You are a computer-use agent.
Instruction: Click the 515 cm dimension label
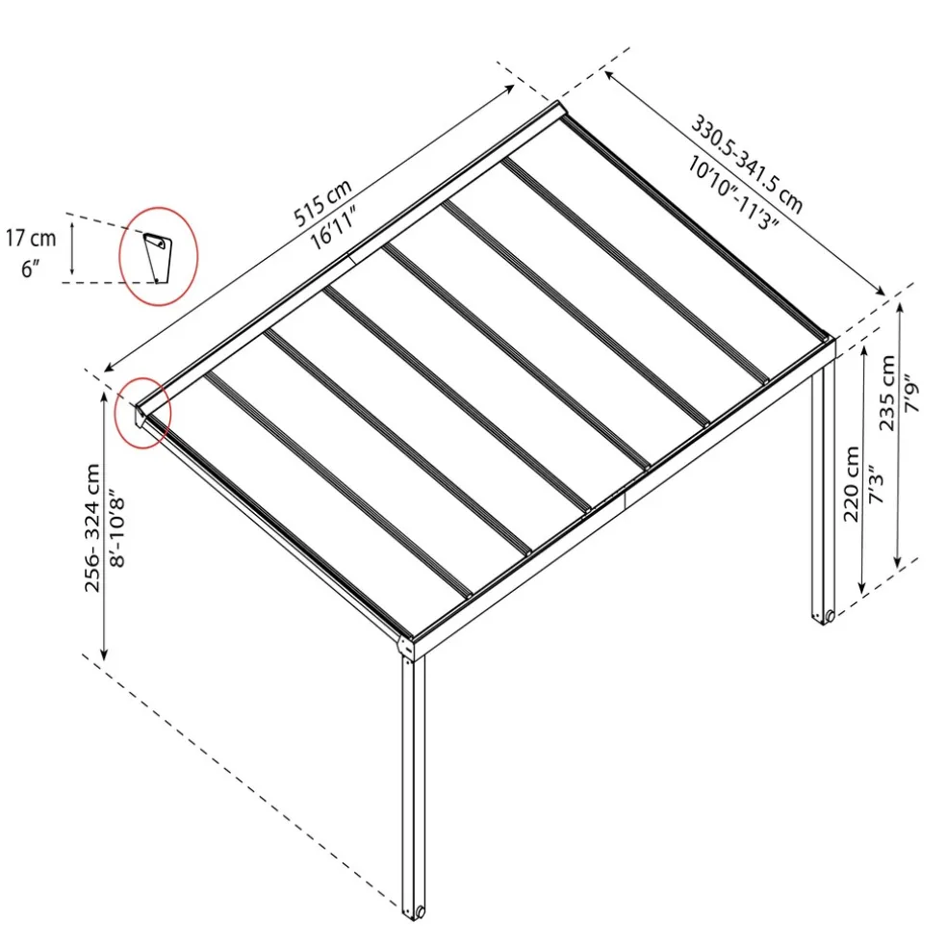pyautogui.click(x=322, y=203)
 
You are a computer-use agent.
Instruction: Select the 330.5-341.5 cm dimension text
pyautogui.click(x=747, y=165)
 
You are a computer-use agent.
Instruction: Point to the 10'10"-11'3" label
pyautogui.click(x=732, y=193)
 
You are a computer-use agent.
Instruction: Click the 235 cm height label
pyautogui.click(x=886, y=394)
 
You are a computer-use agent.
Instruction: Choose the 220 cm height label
pyautogui.click(x=852, y=484)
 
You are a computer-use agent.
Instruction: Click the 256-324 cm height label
pyautogui.click(x=92, y=527)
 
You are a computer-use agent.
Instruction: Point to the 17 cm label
pyautogui.click(x=31, y=239)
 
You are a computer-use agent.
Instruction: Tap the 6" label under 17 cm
pyautogui.click(x=30, y=269)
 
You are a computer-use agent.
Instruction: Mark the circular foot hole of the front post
pyautogui.click(x=421, y=911)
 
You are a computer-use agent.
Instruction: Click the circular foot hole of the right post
pyautogui.click(x=831, y=616)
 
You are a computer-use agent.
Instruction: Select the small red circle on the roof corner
pyautogui.click(x=143, y=413)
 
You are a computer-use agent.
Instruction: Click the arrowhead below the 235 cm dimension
pyautogui.click(x=898, y=563)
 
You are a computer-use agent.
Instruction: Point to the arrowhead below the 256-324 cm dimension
pyautogui.click(x=104, y=654)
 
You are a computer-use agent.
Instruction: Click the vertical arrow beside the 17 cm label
pyautogui.click(x=72, y=248)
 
